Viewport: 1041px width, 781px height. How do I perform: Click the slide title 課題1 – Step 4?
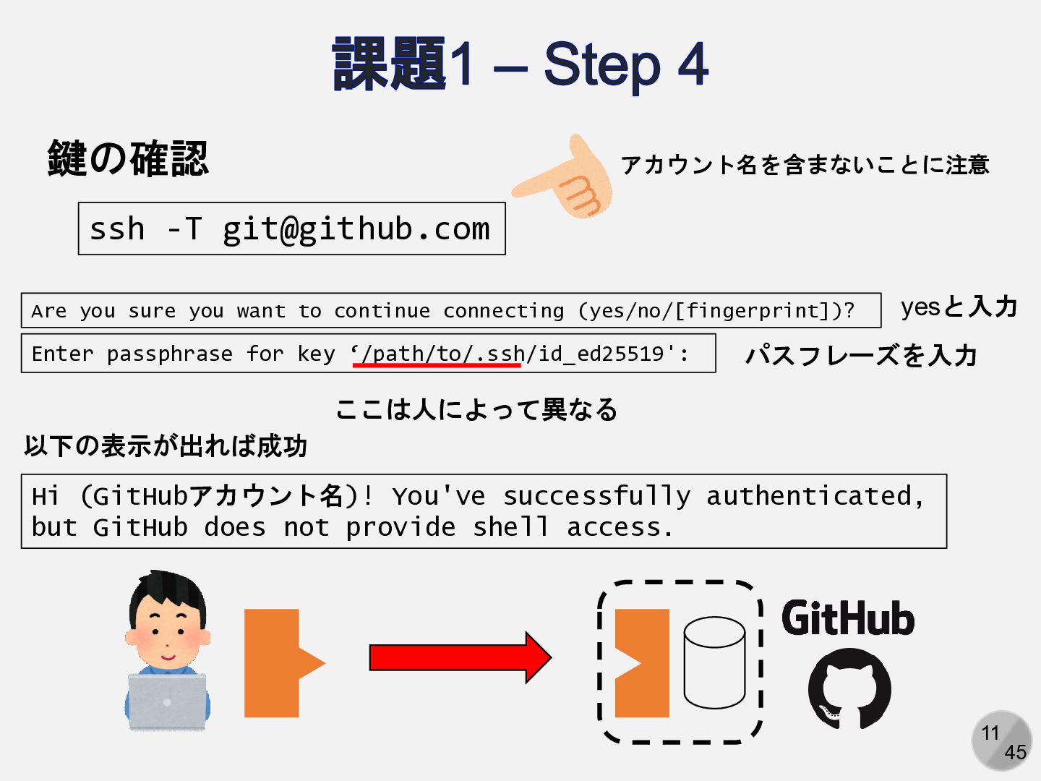pyautogui.click(x=520, y=65)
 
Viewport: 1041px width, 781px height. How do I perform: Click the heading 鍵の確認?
pyautogui.click(x=128, y=158)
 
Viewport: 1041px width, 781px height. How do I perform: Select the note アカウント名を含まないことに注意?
pyautogui.click(x=805, y=165)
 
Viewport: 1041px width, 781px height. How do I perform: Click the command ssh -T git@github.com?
pyautogui.click(x=291, y=229)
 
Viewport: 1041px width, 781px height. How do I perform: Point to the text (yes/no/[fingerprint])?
pyautogui.click(x=716, y=311)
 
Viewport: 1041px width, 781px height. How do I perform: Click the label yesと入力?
pyautogui.click(x=959, y=307)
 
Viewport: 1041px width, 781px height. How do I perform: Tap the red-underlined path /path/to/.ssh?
pyautogui.click(x=437, y=354)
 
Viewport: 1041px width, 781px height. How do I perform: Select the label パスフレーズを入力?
pyautogui.click(x=861, y=355)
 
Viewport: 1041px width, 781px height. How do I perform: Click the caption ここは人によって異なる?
pyautogui.click(x=476, y=409)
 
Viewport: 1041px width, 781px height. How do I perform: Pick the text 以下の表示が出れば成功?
pyautogui.click(x=166, y=446)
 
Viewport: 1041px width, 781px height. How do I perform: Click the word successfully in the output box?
pyautogui.click(x=596, y=496)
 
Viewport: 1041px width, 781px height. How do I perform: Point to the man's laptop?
pyautogui.click(x=167, y=700)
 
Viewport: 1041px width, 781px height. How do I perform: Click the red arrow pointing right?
pyautogui.click(x=460, y=657)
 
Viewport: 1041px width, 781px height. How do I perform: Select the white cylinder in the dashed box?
pyautogui.click(x=714, y=662)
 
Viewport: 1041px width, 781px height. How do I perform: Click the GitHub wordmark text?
pyautogui.click(x=848, y=619)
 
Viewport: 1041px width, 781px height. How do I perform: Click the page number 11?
pyautogui.click(x=990, y=733)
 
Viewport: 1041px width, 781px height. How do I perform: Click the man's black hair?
pyautogui.click(x=168, y=589)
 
